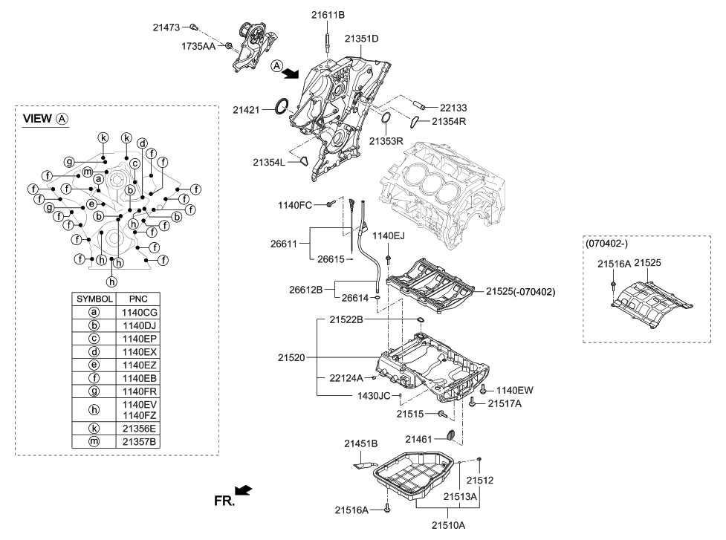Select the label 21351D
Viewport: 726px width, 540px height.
(362, 38)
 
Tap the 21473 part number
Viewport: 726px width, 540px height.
(166, 27)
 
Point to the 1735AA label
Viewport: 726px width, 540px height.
(200, 46)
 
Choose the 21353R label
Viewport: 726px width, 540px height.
(387, 140)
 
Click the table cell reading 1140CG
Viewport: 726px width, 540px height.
(139, 313)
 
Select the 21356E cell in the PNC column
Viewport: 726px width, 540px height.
(139, 429)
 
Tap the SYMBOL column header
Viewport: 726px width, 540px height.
(94, 299)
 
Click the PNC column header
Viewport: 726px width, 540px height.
(139, 299)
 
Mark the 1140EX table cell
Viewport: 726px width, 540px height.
(139, 351)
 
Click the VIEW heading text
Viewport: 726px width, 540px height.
(38, 119)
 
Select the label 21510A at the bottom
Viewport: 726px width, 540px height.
(448, 524)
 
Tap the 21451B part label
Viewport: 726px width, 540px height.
(361, 443)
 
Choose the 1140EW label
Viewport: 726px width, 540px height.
(515, 389)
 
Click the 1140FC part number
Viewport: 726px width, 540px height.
(296, 204)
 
